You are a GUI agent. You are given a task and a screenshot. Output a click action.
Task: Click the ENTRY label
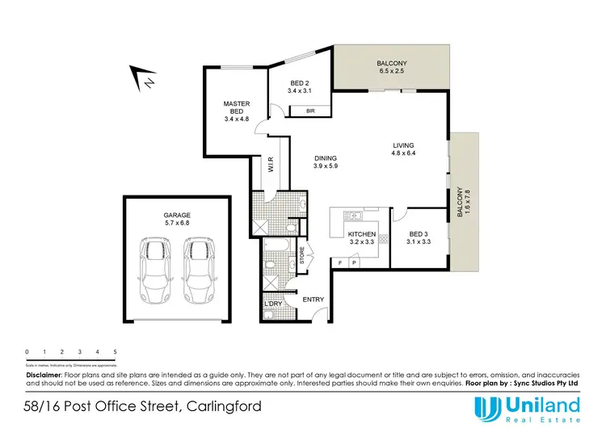pos(314,300)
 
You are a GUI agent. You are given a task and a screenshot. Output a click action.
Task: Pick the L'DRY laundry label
pos(273,304)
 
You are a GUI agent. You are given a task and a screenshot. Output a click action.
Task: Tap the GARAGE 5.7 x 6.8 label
pos(172,220)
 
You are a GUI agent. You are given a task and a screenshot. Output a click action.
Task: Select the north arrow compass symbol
pos(146,78)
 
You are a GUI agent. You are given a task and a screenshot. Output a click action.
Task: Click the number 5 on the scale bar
pos(116,352)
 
